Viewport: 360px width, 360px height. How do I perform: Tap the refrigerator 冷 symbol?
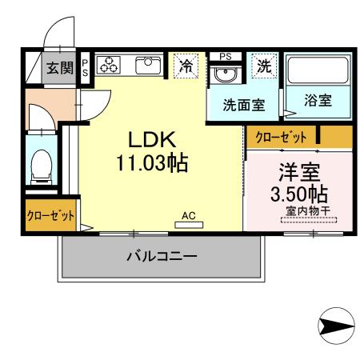click(186, 66)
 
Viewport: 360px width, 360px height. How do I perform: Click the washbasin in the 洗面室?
click(225, 75)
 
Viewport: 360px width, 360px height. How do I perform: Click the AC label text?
click(189, 215)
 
